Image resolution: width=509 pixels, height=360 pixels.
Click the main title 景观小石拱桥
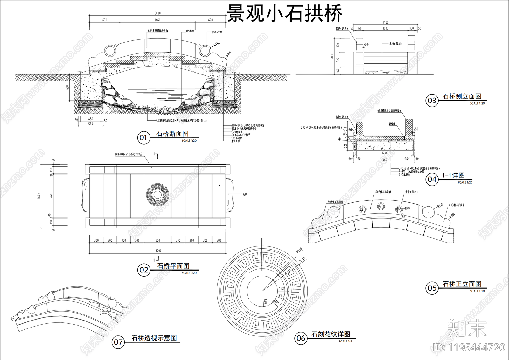click(284, 14)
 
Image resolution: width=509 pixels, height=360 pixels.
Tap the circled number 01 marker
click(143, 138)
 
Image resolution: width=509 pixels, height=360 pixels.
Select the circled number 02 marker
click(143, 270)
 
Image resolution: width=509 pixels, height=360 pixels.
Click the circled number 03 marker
click(432, 101)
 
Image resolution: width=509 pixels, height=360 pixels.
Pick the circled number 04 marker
click(432, 180)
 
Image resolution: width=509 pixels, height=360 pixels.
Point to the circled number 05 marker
click(432, 288)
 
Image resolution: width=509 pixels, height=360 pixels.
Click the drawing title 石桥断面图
click(172, 134)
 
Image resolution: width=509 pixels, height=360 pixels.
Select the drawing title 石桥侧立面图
click(462, 96)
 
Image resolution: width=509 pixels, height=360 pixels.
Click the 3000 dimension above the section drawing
click(157, 13)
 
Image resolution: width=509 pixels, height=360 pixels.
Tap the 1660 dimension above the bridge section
click(157, 20)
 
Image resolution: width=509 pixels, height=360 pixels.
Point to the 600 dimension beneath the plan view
click(157, 240)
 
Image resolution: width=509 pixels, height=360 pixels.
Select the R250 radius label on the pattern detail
click(299, 250)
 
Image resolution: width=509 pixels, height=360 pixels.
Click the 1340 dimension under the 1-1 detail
click(384, 160)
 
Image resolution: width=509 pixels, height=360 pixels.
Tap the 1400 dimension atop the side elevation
click(385, 22)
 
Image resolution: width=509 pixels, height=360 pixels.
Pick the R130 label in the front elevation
click(440, 205)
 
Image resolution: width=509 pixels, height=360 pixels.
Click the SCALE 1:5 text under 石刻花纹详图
click(345, 341)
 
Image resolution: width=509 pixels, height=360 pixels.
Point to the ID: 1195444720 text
click(469, 348)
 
